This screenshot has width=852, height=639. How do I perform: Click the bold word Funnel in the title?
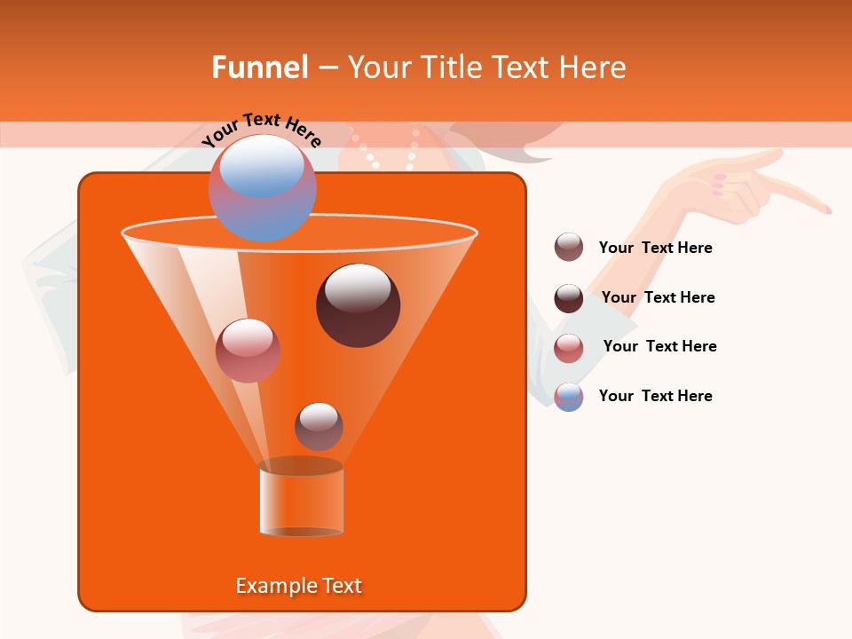259,67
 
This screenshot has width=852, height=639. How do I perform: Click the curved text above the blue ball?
261,128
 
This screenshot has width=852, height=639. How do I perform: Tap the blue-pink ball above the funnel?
262,187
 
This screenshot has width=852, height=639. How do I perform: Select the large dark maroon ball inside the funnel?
358,304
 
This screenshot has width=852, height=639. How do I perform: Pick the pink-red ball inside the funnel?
248,350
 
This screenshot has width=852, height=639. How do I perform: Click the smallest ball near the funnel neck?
319,426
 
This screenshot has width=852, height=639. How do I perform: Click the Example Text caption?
299,586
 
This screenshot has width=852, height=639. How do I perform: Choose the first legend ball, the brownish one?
568,248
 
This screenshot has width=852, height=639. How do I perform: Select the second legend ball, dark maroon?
568,297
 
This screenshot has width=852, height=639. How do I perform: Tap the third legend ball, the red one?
568,347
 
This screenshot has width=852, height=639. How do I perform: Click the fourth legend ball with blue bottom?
568,397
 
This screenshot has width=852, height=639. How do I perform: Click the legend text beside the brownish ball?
655,248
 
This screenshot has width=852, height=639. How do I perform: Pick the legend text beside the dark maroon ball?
658,297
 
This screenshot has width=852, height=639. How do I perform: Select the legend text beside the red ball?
659,346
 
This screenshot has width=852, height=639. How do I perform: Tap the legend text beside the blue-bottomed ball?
655,396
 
